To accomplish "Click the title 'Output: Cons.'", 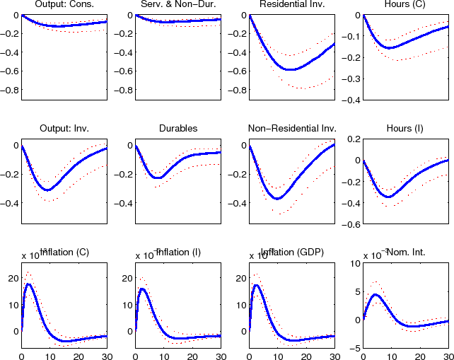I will point(64,6).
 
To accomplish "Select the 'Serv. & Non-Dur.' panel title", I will point(177,6).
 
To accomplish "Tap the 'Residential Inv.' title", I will point(291,6).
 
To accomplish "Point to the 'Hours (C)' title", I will point(405,6).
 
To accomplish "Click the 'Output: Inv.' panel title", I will point(64,129).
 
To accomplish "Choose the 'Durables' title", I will point(177,129).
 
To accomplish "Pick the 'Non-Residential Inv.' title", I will point(291,129).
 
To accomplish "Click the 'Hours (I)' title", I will point(405,129).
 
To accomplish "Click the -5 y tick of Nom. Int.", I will point(356,348).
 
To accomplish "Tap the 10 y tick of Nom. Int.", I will point(355,263).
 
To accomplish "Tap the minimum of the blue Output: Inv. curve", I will point(47,190).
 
